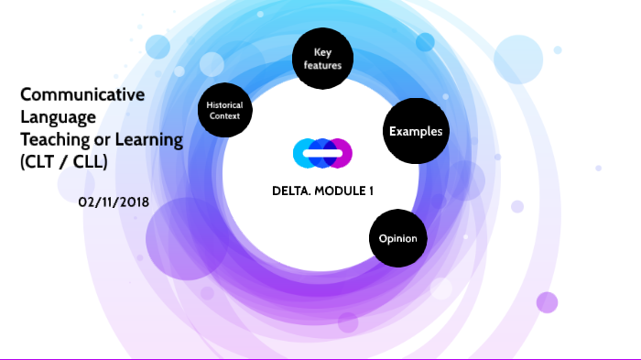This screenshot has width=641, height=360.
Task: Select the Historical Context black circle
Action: (x=224, y=111)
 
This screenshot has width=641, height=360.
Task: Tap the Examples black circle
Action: (x=416, y=132)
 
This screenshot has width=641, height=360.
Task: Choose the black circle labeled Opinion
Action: (x=398, y=239)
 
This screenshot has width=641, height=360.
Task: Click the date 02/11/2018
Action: (x=114, y=200)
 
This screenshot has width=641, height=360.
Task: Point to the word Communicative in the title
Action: (x=82, y=93)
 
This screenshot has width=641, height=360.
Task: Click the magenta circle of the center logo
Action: (x=340, y=153)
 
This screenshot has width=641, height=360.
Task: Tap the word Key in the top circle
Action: (x=321, y=53)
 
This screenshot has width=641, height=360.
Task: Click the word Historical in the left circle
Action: (x=224, y=105)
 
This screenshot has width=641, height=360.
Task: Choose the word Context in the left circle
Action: (x=224, y=116)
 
